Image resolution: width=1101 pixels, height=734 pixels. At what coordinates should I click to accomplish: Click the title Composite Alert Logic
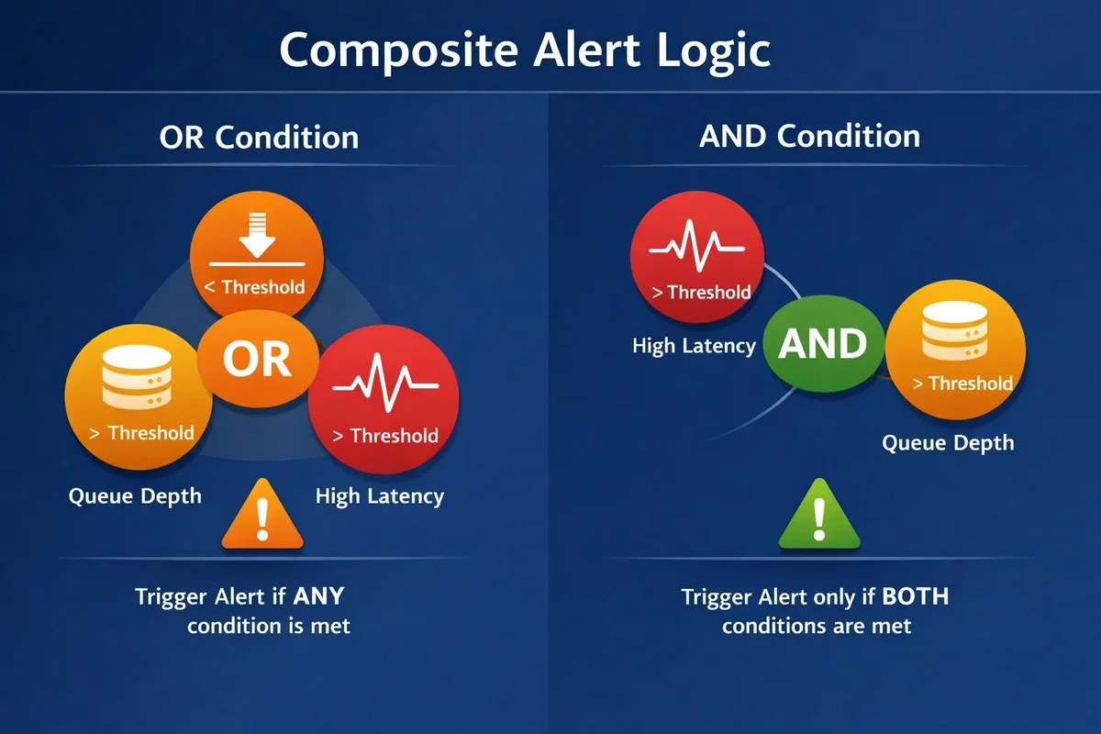coord(524,50)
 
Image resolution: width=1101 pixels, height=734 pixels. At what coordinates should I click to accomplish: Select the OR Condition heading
coord(259,138)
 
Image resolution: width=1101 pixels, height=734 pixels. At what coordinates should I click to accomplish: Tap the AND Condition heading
coord(809,136)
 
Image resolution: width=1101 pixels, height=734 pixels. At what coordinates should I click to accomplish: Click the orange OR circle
coord(258,359)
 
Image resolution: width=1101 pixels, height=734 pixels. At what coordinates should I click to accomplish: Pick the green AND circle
coord(822,345)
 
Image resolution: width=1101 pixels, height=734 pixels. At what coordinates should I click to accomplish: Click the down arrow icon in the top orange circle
coord(257,234)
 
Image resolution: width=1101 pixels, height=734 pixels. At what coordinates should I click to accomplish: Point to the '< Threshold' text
coord(254,287)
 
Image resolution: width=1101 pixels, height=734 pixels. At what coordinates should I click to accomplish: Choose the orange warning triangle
coord(262,516)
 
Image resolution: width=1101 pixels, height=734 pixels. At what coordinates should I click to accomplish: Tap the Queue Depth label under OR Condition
coord(135,496)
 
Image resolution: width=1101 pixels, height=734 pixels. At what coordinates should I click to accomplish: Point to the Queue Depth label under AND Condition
coord(948,443)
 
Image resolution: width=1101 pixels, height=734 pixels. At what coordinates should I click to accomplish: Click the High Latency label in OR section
coord(379,496)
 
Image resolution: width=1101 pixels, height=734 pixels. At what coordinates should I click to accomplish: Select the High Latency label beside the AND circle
coord(694,346)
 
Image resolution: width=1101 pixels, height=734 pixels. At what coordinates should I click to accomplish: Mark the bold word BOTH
coord(915,597)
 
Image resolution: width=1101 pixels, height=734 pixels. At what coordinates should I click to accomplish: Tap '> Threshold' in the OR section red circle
coord(385,435)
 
